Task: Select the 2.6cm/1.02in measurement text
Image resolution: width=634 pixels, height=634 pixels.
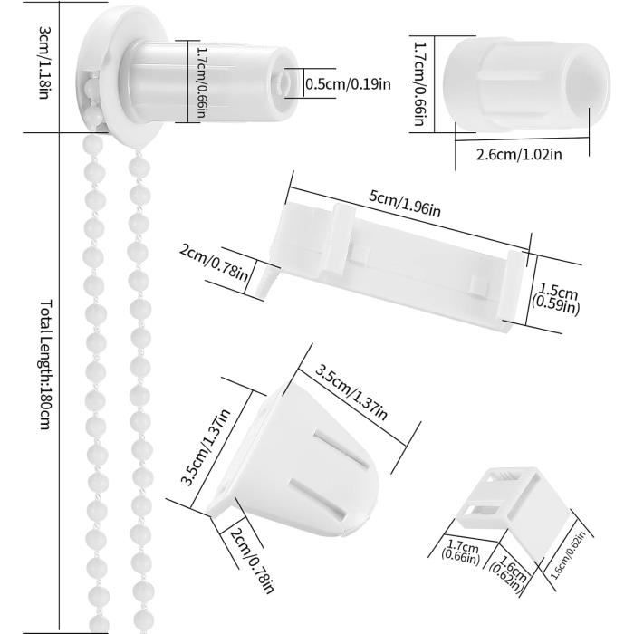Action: pyautogui.click(x=519, y=154)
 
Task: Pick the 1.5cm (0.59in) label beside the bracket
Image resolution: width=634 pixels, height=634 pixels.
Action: pyautogui.click(x=558, y=299)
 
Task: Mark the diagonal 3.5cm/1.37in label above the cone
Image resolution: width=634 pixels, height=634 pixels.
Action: pyautogui.click(x=351, y=395)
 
